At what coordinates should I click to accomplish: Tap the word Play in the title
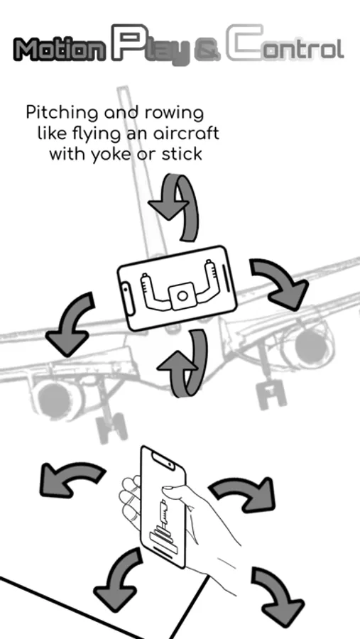coord(151,45)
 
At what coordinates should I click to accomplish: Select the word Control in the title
coord(285,43)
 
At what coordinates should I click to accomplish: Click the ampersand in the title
coord(207,52)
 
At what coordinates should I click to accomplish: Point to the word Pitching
coord(62,112)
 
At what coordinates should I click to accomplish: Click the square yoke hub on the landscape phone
coord(182,295)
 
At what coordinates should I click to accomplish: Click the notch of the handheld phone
coord(163,461)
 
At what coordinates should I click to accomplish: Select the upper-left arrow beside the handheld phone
coord(71,477)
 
